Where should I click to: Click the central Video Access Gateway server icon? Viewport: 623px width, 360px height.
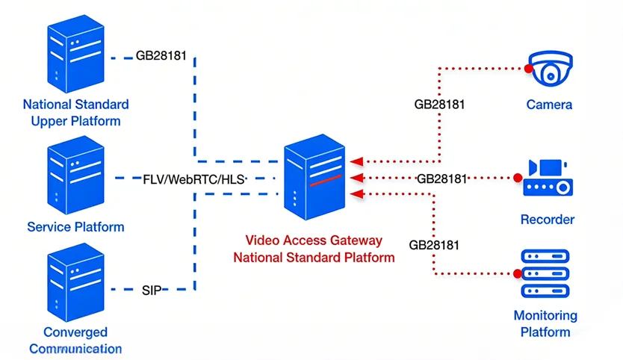click(314, 178)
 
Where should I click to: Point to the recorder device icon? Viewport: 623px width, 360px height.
click(548, 178)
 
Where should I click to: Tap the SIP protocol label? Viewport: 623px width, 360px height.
click(152, 289)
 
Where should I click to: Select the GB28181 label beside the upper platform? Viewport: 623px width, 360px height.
click(161, 56)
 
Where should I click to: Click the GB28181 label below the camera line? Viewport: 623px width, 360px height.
click(439, 105)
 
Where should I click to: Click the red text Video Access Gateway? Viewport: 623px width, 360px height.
click(314, 240)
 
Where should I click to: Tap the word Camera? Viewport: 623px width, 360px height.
click(549, 105)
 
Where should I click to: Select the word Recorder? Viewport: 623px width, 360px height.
click(547, 220)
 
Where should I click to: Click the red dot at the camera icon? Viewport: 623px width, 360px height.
click(529, 69)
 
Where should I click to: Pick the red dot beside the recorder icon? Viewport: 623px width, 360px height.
click(516, 178)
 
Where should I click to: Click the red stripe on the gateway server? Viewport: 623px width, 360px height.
click(326, 180)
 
